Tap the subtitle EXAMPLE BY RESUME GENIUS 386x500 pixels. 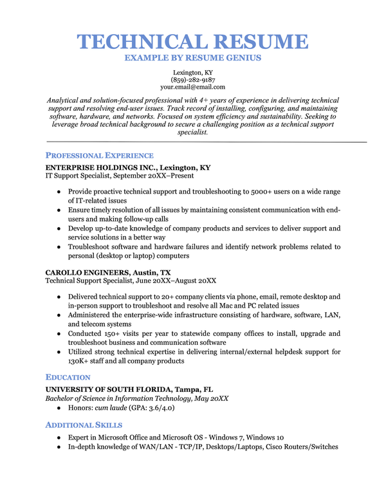pyautogui.click(x=193, y=58)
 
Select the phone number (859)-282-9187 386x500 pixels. pyautogui.click(x=193, y=80)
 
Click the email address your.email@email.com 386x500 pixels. pyautogui.click(x=193, y=87)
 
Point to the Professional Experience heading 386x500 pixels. pyautogui.click(x=99, y=156)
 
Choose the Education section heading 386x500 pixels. pyautogui.click(x=68, y=377)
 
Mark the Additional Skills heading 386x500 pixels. pyautogui.click(x=84, y=425)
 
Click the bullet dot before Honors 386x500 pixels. pyautogui.click(x=59, y=408)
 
